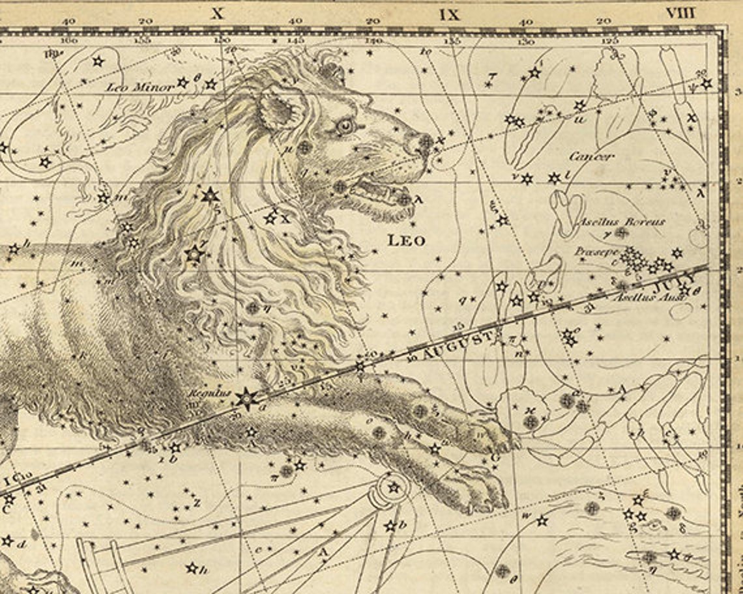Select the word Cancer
pos(591,156)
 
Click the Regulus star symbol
pos(246,397)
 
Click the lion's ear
pos(282,107)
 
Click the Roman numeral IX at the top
pos(449,14)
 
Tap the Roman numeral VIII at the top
pos(680,13)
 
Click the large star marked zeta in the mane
pos(210,195)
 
